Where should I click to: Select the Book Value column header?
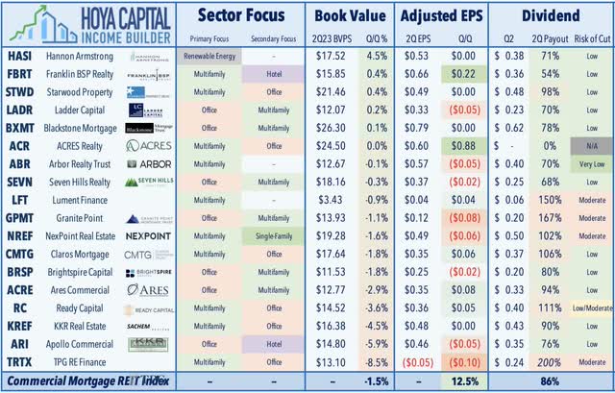(x=350, y=16)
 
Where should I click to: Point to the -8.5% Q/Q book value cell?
(x=376, y=364)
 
